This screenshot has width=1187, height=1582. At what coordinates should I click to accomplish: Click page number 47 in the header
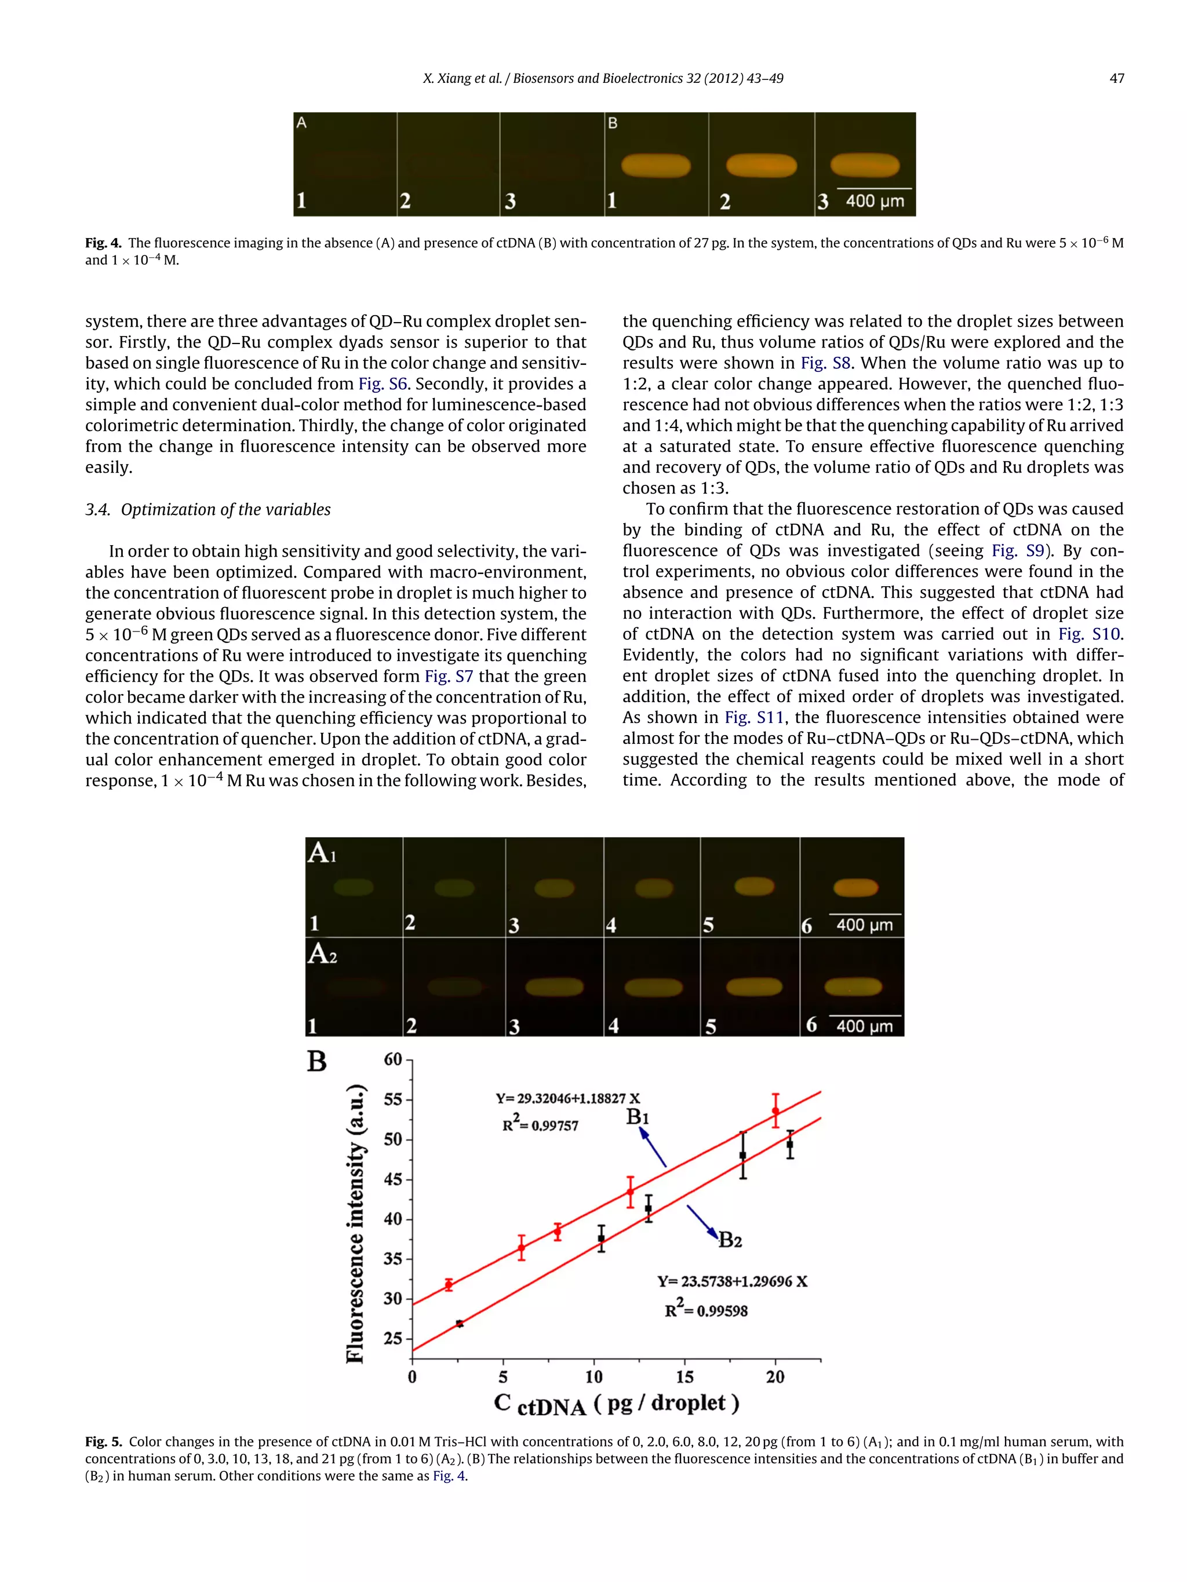pos(1116,79)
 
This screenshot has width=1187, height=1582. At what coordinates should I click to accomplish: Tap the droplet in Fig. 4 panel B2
pos(760,166)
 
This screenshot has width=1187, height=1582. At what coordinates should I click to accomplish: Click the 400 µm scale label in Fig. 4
pos(875,201)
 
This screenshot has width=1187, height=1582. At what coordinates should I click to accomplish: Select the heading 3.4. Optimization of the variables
pos(207,509)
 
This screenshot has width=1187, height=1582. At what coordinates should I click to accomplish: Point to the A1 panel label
pos(321,853)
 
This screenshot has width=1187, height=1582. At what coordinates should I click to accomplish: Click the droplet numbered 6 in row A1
pos(855,887)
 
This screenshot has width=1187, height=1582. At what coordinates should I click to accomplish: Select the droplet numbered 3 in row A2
pos(555,987)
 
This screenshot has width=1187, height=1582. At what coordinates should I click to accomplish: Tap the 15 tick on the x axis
pos(684,1376)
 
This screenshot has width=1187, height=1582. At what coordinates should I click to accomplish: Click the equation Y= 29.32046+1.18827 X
pos(567,1098)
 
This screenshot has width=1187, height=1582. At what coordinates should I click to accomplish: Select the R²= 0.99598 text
pos(705,1310)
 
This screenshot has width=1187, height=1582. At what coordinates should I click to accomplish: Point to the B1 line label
pos(638,1116)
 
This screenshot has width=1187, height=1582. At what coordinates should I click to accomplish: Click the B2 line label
pos(730,1240)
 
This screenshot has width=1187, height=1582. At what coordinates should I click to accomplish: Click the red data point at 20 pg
pos(775,1110)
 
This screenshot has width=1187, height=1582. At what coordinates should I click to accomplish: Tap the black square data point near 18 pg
pos(742,1155)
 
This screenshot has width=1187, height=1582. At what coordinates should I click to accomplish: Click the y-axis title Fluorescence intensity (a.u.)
pos(356,1223)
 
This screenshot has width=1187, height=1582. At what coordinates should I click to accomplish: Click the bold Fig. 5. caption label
pos(104,1442)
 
